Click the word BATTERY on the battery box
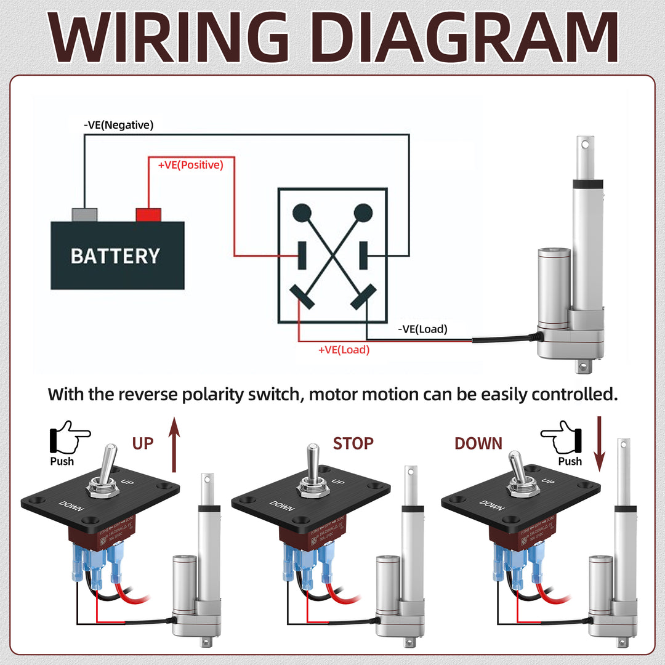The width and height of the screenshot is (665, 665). pyautogui.click(x=115, y=256)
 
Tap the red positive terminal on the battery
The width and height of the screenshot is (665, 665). pyautogui.click(x=148, y=215)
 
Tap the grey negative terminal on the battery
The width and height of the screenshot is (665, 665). pyautogui.click(x=84, y=215)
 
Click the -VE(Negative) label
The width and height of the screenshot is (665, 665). pyautogui.click(x=118, y=125)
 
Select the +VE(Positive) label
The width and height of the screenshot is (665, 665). pyautogui.click(x=190, y=165)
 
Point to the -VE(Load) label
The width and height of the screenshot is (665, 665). pyautogui.click(x=422, y=329)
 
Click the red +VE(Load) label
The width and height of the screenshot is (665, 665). pyautogui.click(x=344, y=350)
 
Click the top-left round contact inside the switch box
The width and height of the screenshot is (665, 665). pyautogui.click(x=302, y=213)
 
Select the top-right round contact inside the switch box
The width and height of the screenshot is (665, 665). pyautogui.click(x=363, y=213)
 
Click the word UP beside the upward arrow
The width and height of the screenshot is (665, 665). pyautogui.click(x=143, y=443)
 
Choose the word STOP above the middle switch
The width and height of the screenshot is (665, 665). pyautogui.click(x=353, y=443)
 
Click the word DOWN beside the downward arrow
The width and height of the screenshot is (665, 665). pyautogui.click(x=478, y=443)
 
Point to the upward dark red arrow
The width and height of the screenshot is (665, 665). pyautogui.click(x=174, y=443)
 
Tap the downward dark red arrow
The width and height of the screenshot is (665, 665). pyautogui.click(x=599, y=443)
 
